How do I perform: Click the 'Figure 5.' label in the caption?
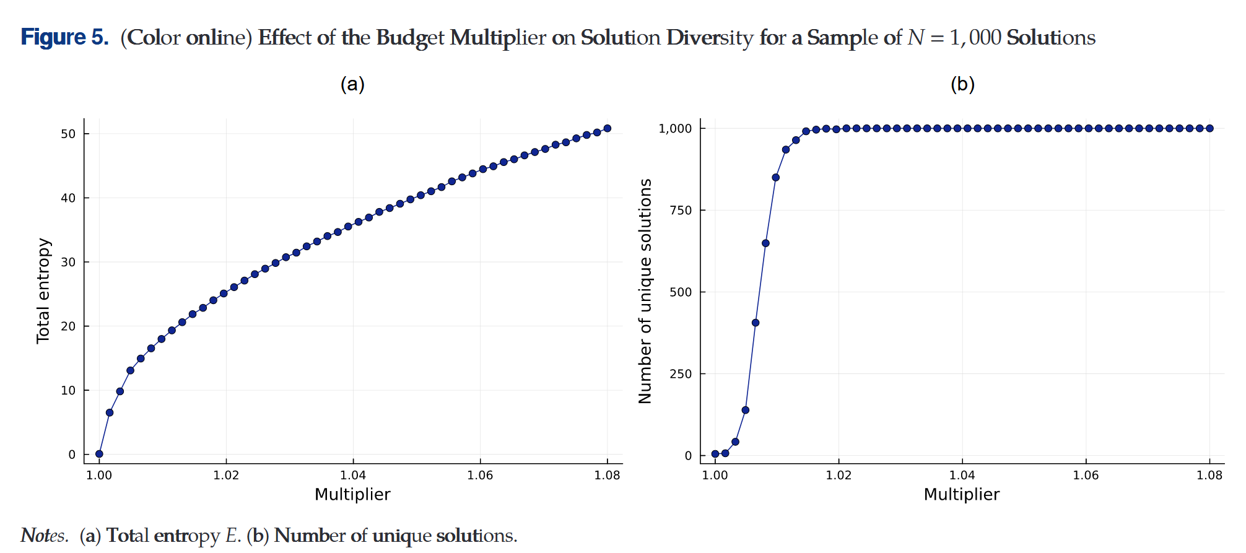pyautogui.click(x=64, y=38)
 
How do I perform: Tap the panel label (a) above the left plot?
pyautogui.click(x=352, y=84)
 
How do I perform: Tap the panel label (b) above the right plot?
pyautogui.click(x=962, y=84)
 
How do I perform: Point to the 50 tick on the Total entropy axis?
pyautogui.click(x=68, y=134)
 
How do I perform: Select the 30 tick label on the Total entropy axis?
pyautogui.click(x=68, y=262)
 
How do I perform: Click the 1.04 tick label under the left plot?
pyautogui.click(x=353, y=475)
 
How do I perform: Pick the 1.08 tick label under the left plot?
pyautogui.click(x=607, y=475)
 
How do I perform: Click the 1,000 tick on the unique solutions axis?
pyautogui.click(x=675, y=128)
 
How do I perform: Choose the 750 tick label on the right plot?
pyautogui.click(x=681, y=211)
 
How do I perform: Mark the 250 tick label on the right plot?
pyautogui.click(x=681, y=374)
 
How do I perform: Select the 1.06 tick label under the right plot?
pyautogui.click(x=1086, y=475)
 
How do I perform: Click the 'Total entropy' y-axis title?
pyautogui.click(x=43, y=290)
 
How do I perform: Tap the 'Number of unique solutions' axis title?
pyautogui.click(x=645, y=291)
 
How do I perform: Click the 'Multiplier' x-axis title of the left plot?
pyautogui.click(x=352, y=494)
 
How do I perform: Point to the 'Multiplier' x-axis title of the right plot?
pyautogui.click(x=962, y=494)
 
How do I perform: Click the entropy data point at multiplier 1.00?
pyautogui.click(x=99, y=454)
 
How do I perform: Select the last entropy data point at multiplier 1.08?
pyautogui.click(x=608, y=128)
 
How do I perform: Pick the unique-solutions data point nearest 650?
pyautogui.click(x=765, y=243)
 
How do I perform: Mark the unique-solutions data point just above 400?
pyautogui.click(x=756, y=323)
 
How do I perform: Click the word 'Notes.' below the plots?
pyautogui.click(x=45, y=536)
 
